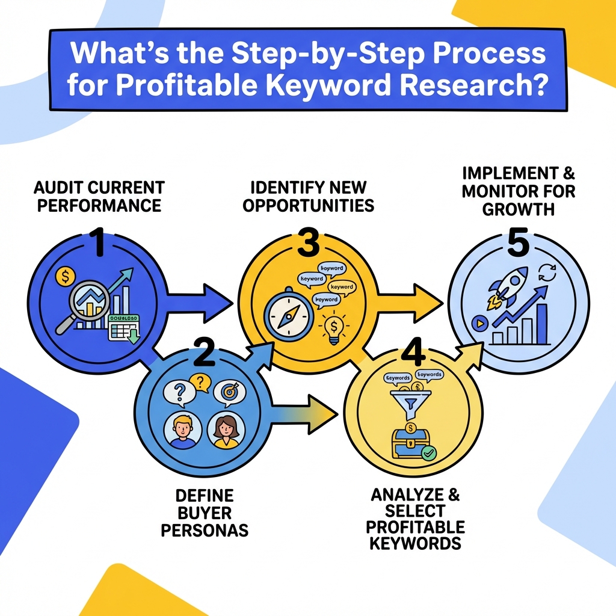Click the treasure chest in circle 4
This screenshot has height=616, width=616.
pyautogui.click(x=410, y=442)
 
